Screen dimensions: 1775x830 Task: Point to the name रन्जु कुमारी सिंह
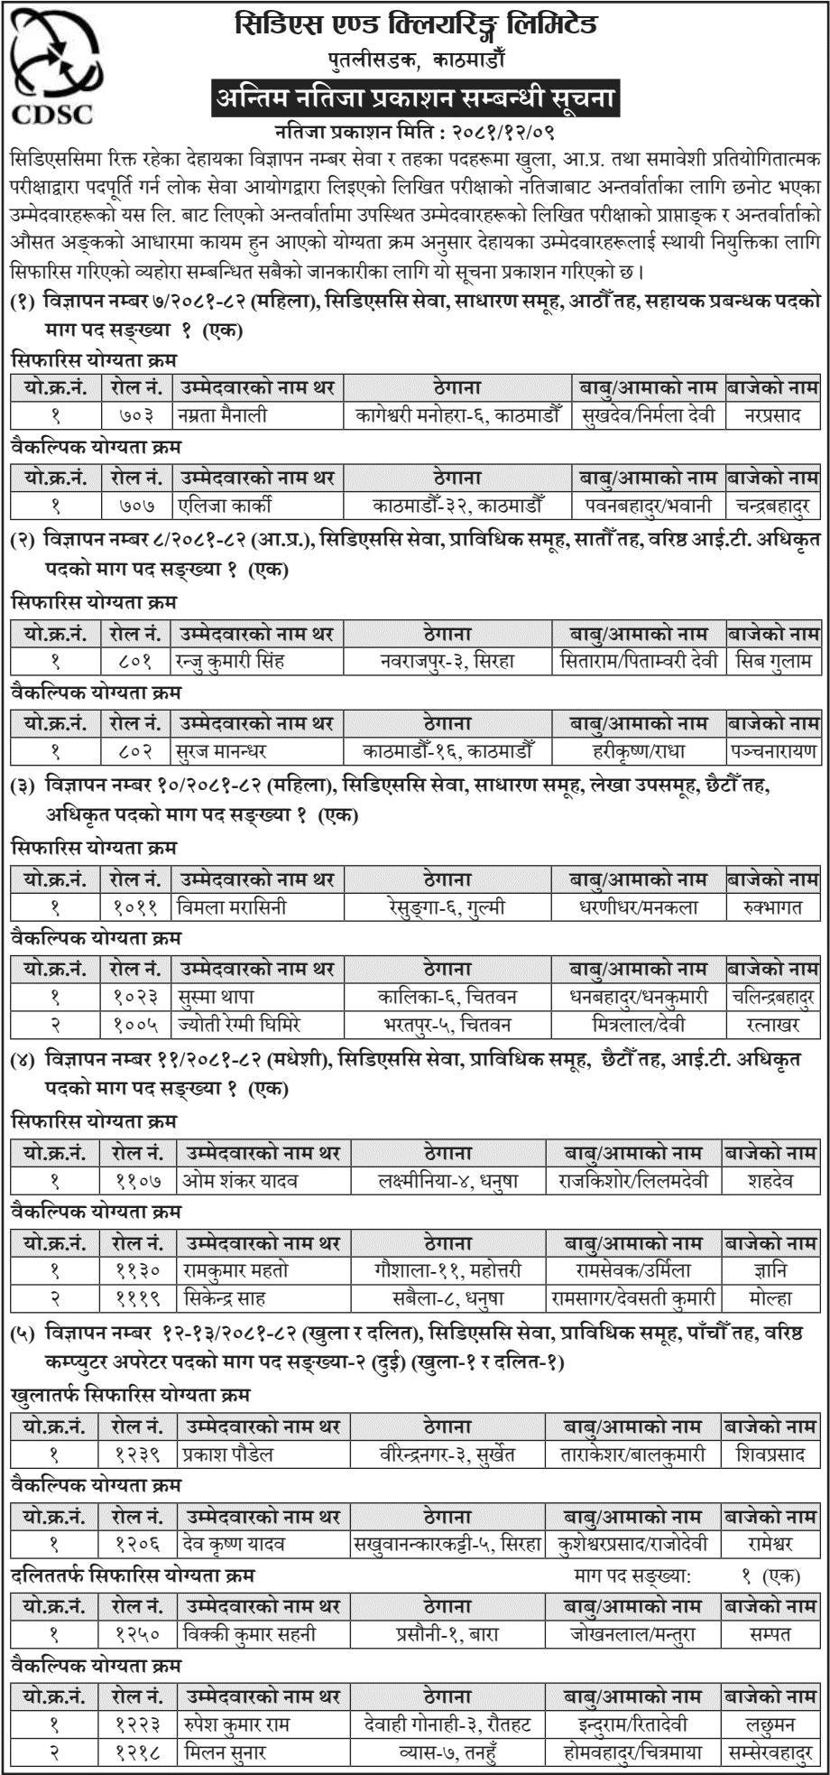tap(230, 661)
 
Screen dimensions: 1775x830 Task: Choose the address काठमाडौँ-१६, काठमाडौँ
tap(448, 749)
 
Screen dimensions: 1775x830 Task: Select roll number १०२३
tap(136, 997)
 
